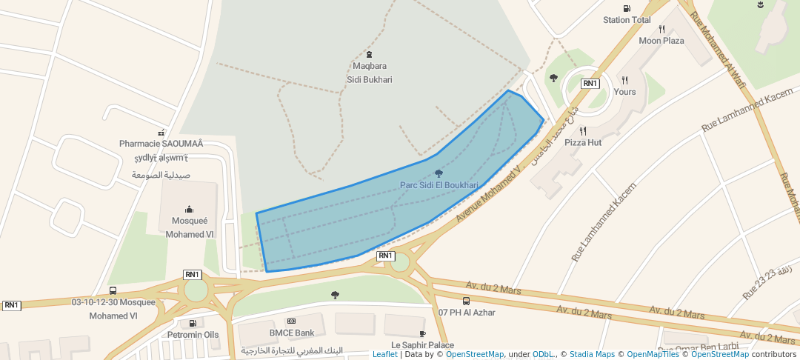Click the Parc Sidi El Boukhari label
pyautogui.click(x=439, y=185)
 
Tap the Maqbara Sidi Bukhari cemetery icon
pyautogui.click(x=370, y=54)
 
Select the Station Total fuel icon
pyautogui.click(x=627, y=8)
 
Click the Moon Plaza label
pyautogui.click(x=661, y=41)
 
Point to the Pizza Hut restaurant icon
pyautogui.click(x=583, y=131)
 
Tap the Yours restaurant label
pyautogui.click(x=624, y=92)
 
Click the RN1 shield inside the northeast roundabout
pyautogui.click(x=590, y=84)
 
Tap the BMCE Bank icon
pyautogui.click(x=291, y=321)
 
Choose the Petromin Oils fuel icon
pyautogui.click(x=193, y=323)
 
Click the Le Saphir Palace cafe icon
pyautogui.click(x=422, y=333)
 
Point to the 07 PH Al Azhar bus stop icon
pyautogui.click(x=466, y=301)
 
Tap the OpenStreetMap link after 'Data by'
pyautogui.click(x=475, y=354)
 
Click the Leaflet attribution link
pyautogui.click(x=384, y=354)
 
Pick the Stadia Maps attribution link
pyautogui.click(x=592, y=354)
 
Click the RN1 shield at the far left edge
pyautogui.click(x=12, y=305)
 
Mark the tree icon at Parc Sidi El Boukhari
pyautogui.click(x=439, y=173)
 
